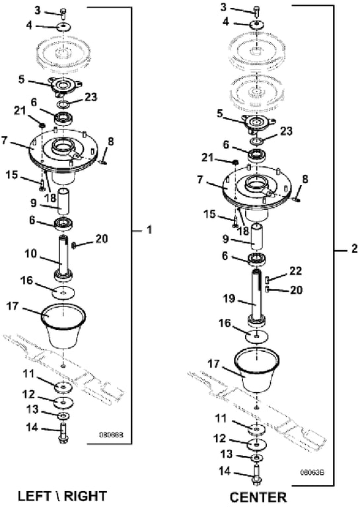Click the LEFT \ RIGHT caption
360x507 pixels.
[62, 496]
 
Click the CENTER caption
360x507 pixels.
[258, 497]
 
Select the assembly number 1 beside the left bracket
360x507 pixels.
[149, 230]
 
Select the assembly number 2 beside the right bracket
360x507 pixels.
[355, 249]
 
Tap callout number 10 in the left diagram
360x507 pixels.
[31, 253]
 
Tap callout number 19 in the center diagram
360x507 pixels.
[229, 298]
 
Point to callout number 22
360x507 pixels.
[296, 271]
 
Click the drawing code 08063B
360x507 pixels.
[312, 473]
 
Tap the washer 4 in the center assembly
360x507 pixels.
[257, 24]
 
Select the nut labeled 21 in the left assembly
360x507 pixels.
[42, 125]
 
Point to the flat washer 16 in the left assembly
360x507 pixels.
[63, 292]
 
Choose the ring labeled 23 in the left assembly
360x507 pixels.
[63, 104]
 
